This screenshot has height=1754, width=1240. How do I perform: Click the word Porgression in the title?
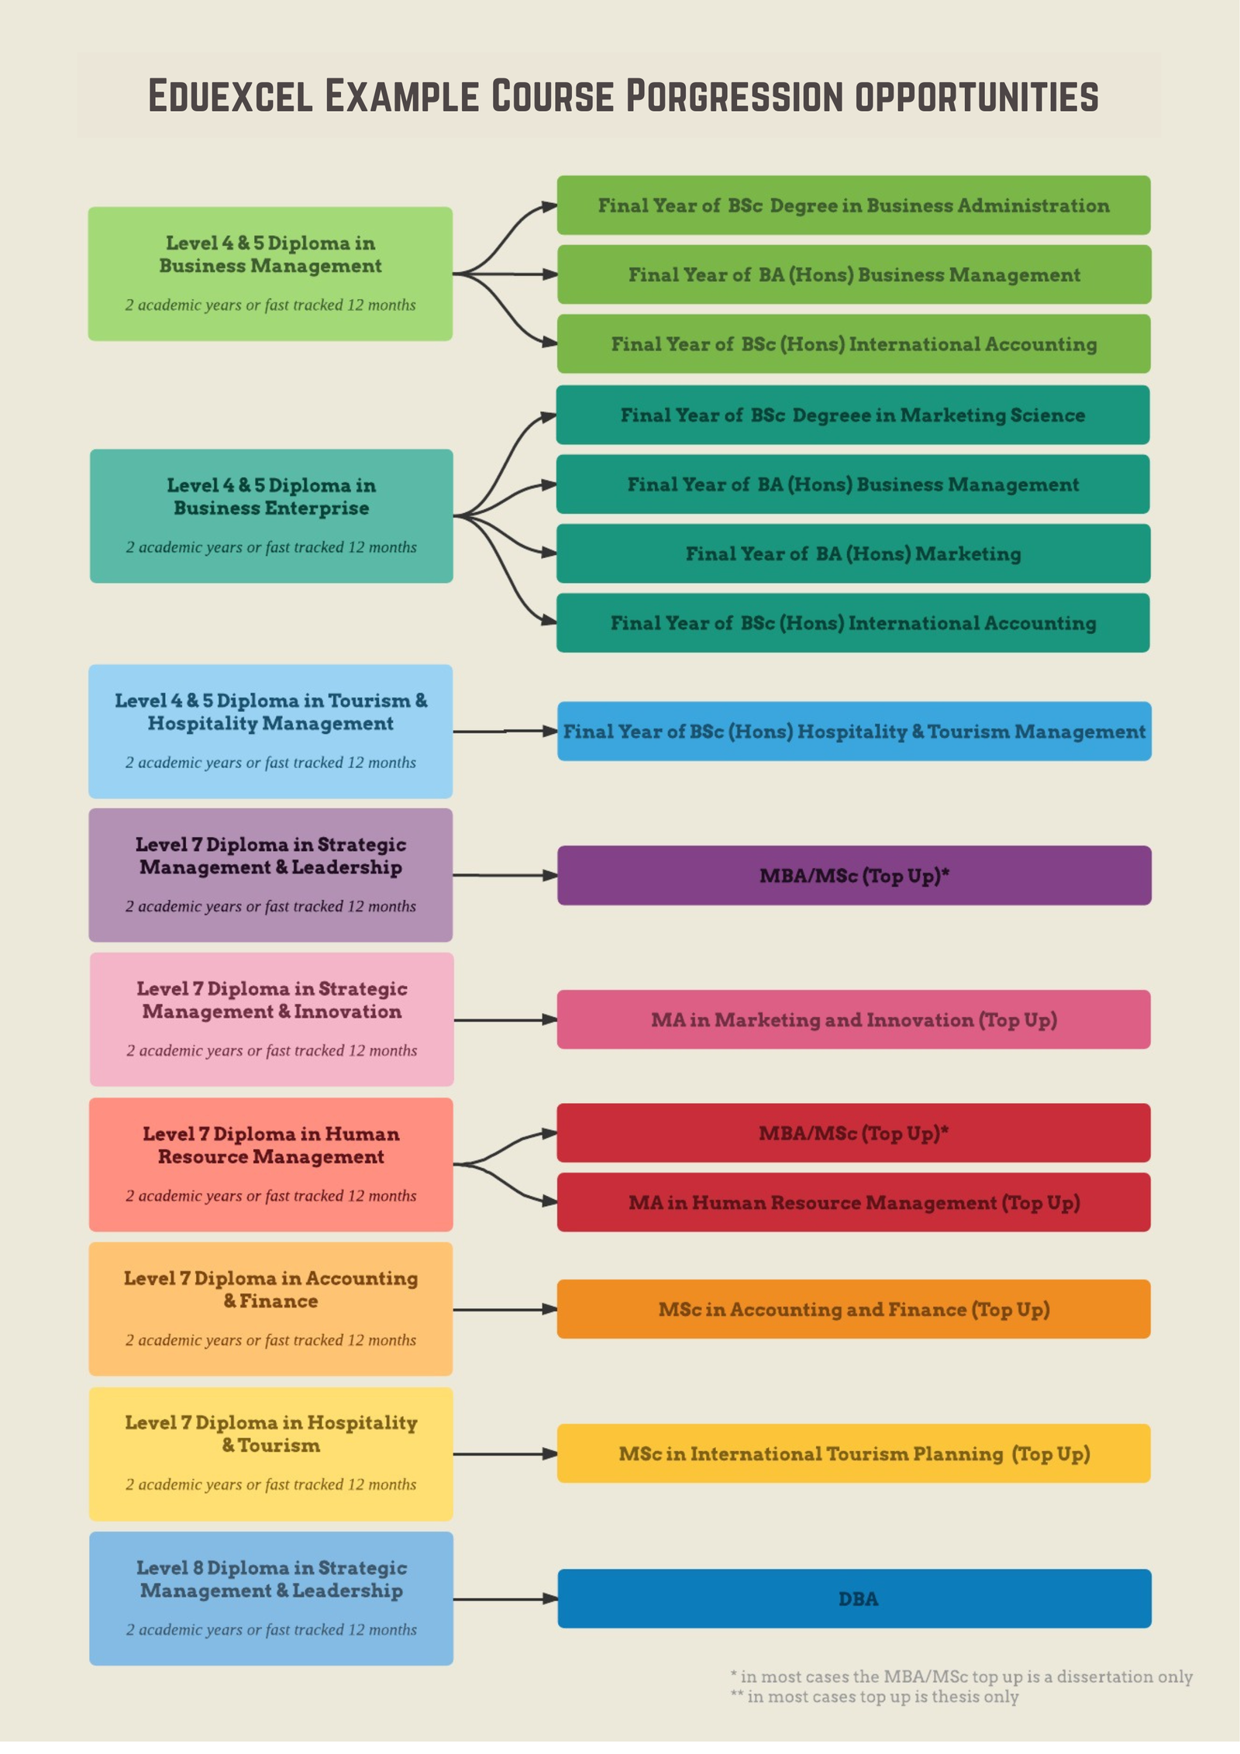[x=734, y=96]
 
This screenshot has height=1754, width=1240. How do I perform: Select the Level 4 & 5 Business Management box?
[x=270, y=274]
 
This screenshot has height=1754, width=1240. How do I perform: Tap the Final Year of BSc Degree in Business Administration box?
[x=853, y=205]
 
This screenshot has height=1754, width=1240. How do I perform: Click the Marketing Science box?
[x=852, y=415]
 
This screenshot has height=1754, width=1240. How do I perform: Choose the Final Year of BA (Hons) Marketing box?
[x=853, y=553]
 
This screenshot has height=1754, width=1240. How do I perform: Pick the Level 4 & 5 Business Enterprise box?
[x=271, y=516]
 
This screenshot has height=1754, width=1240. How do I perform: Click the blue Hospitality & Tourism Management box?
[x=854, y=731]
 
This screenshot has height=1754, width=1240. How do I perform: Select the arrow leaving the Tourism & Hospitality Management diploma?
[x=505, y=731]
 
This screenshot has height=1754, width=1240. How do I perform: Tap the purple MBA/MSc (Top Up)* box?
[x=854, y=875]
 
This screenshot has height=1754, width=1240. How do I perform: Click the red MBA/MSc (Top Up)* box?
[x=853, y=1133]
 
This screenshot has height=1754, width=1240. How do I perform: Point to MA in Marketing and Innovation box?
[x=853, y=1019]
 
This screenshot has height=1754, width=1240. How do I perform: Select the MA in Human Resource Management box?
[x=853, y=1202]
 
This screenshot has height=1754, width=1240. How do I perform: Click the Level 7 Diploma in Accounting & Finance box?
[x=270, y=1309]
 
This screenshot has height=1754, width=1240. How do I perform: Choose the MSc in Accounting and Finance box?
[x=853, y=1309]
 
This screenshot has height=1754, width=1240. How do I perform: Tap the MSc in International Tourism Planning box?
[x=853, y=1453]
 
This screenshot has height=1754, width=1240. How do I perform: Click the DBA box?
[x=854, y=1598]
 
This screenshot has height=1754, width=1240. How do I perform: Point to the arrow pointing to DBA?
[x=505, y=1598]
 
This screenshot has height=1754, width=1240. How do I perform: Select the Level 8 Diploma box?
[x=271, y=1598]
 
